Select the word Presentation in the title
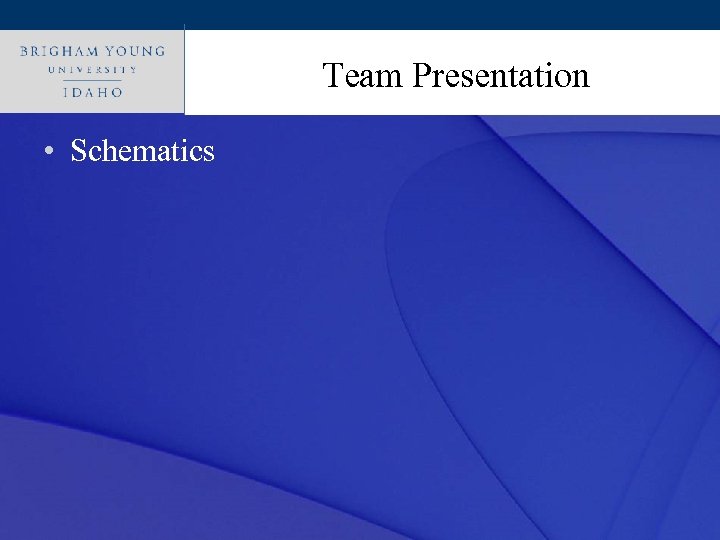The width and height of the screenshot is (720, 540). point(500,76)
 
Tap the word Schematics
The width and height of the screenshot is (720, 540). point(142,151)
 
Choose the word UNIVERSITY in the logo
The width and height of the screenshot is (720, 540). point(91,70)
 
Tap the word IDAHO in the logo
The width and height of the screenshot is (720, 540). point(91,92)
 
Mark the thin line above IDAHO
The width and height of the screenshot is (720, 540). point(91,81)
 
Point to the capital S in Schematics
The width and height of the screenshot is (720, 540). point(79,151)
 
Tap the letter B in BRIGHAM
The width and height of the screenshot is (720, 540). point(24,50)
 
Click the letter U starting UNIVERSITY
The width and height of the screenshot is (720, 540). point(51,70)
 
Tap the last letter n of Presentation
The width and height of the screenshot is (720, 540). point(580,78)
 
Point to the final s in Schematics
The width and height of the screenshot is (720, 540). point(208,153)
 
